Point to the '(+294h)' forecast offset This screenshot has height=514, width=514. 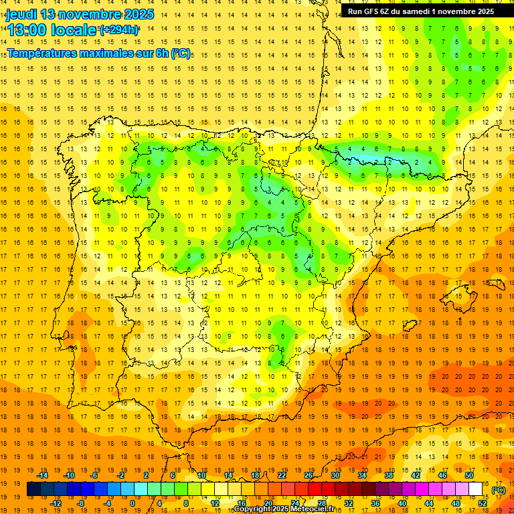119,29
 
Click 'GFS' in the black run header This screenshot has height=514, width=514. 372,11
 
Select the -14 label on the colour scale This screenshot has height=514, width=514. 44,475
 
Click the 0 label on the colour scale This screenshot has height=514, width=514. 133,503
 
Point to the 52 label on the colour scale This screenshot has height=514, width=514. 482,503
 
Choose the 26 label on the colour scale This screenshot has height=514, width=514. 309,475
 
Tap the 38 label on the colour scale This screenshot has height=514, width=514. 389,475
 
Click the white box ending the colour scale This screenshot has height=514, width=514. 475,489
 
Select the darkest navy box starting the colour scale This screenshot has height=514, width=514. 33,489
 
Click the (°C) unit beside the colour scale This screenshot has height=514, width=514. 499,490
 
